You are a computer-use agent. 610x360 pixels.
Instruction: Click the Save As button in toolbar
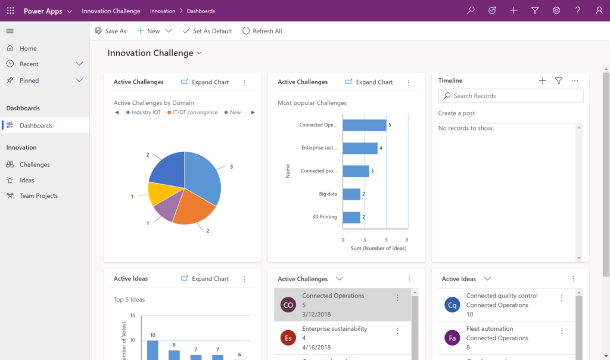(111, 31)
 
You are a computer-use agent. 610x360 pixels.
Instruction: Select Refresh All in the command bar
(262, 31)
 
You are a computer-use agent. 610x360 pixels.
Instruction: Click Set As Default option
(207, 31)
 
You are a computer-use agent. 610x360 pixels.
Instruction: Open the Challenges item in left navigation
(35, 165)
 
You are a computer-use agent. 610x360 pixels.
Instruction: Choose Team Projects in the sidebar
(38, 195)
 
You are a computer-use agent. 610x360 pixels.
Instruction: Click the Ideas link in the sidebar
(27, 180)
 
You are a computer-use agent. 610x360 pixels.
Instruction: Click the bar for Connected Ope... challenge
(364, 125)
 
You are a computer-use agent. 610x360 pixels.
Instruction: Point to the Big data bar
(351, 194)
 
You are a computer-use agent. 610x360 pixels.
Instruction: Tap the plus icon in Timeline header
(542, 81)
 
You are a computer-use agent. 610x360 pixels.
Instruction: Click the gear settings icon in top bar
(556, 11)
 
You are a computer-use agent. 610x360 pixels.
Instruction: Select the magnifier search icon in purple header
(471, 11)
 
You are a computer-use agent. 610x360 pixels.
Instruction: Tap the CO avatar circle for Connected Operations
(288, 305)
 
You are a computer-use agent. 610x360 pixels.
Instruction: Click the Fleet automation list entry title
(489, 328)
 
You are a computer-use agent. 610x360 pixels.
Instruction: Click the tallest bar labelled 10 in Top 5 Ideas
(153, 350)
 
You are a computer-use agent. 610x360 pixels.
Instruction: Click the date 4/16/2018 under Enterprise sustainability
(316, 347)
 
